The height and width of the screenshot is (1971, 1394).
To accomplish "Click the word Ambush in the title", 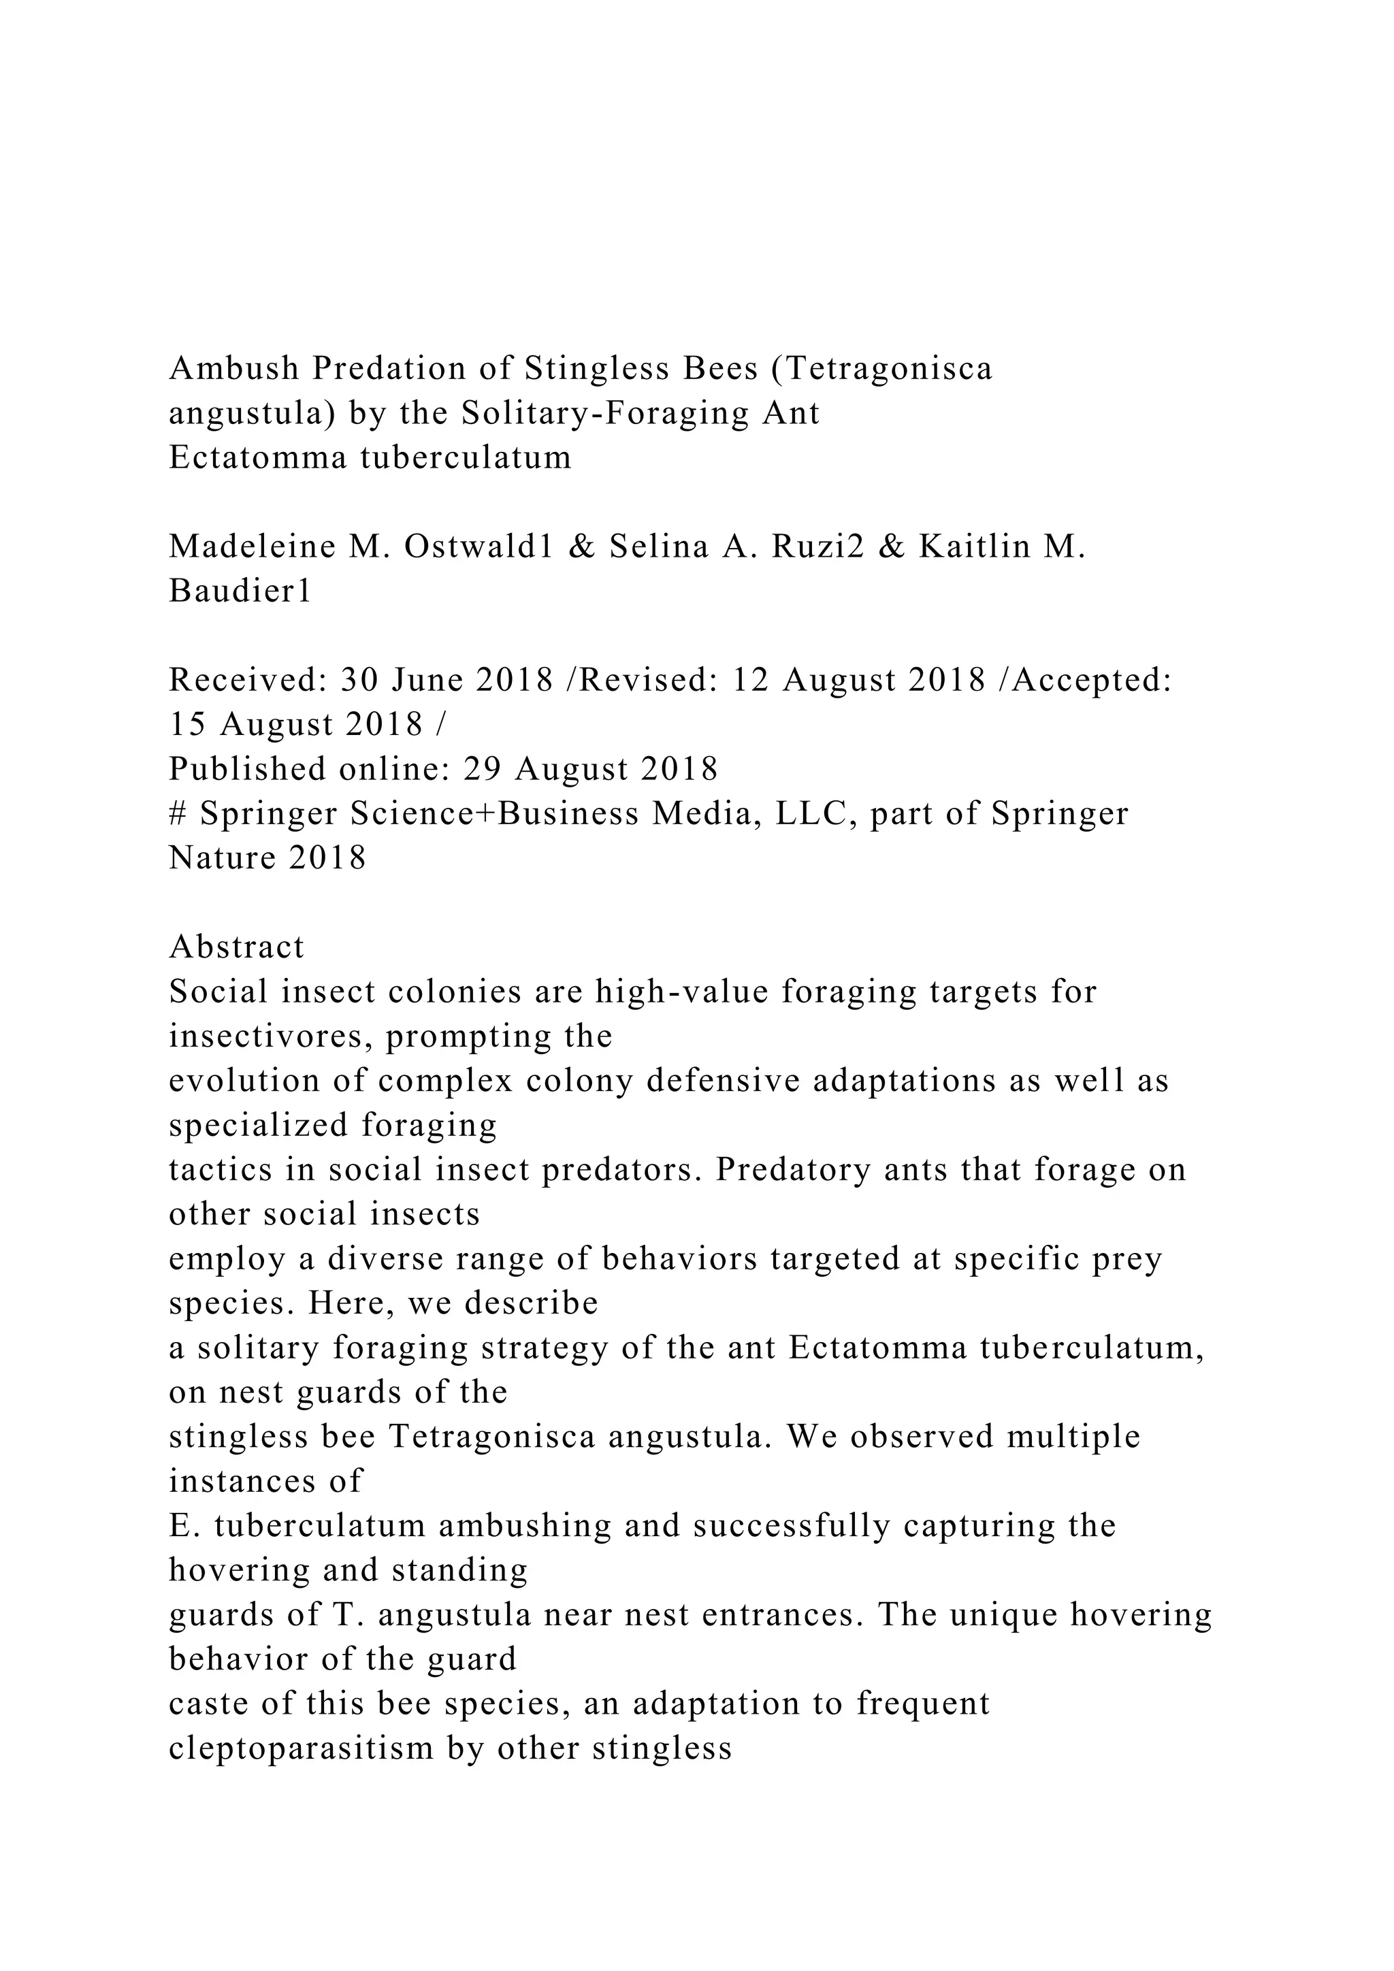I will (234, 368).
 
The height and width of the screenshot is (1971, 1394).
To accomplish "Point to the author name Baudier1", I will (240, 591).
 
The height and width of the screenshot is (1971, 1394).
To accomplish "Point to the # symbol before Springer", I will (178, 814).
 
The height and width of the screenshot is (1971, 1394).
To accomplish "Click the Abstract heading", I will (237, 947).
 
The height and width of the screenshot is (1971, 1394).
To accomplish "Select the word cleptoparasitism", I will (299, 1748).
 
